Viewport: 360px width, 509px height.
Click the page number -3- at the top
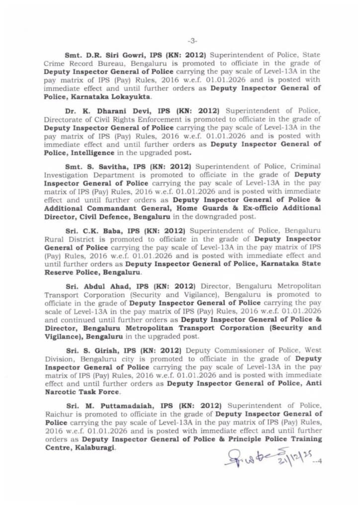(192, 40)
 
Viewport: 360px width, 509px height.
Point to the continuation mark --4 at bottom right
(317, 461)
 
